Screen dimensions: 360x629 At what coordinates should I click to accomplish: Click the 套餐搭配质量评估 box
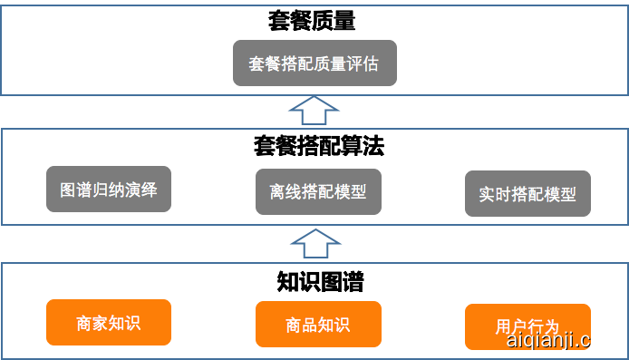[314, 63]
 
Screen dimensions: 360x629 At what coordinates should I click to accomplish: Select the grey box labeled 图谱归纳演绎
[109, 190]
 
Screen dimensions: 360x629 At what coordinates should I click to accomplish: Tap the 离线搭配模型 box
[318, 191]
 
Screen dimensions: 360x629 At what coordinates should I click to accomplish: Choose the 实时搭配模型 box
[527, 193]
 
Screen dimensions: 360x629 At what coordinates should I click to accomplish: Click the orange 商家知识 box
[109, 322]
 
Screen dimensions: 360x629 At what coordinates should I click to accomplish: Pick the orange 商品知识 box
[318, 324]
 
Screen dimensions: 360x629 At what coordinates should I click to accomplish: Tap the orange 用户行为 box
[527, 326]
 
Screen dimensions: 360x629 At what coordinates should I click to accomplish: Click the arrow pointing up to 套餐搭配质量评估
[314, 112]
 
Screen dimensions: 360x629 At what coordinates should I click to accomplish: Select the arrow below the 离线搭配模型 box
[314, 243]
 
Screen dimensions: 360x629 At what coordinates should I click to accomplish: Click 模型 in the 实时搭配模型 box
[561, 194]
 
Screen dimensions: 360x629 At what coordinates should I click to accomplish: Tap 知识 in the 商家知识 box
[125, 323]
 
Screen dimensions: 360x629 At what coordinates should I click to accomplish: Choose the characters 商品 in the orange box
[301, 325]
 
